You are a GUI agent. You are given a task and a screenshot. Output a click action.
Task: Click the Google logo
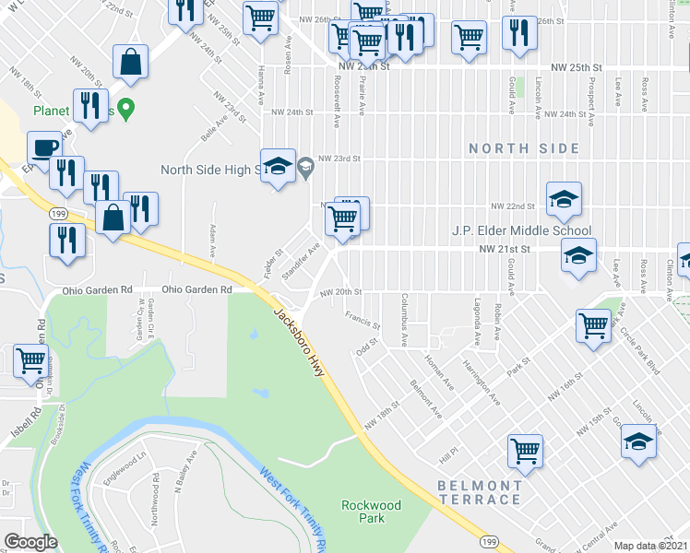(x=30, y=541)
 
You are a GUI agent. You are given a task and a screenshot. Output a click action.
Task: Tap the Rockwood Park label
(x=371, y=512)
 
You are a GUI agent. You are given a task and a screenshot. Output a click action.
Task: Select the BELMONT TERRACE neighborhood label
(x=480, y=492)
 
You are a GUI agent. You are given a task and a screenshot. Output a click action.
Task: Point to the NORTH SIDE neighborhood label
(x=524, y=148)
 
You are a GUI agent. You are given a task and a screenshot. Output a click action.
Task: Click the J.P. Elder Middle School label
(x=521, y=230)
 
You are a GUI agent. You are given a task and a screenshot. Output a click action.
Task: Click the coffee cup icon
(x=43, y=147)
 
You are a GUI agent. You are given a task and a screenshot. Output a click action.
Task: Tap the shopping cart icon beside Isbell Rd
(x=30, y=361)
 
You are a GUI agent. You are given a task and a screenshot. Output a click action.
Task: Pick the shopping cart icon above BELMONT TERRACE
(x=525, y=451)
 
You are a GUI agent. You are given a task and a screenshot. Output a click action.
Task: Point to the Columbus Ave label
(x=404, y=320)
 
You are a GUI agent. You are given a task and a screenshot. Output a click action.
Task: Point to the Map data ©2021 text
(x=651, y=546)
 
